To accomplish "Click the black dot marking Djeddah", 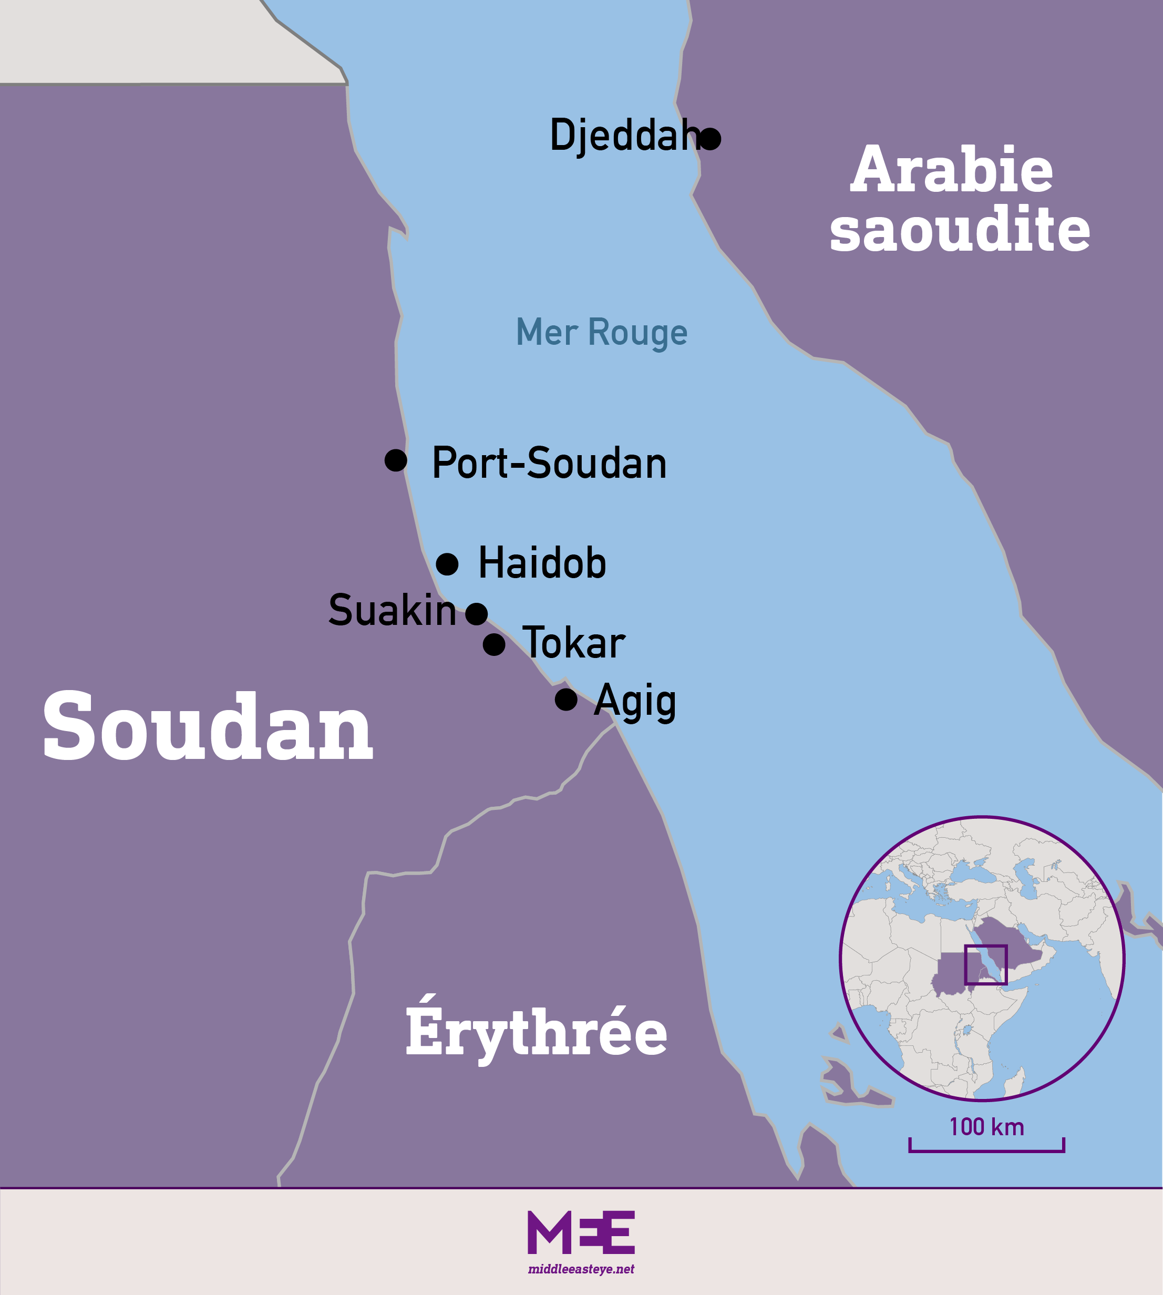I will [710, 139].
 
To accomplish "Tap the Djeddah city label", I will [623, 136].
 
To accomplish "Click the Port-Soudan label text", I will [549, 464].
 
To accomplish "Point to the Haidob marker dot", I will [447, 564].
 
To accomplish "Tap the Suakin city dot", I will [477, 614].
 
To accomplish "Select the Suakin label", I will [392, 610].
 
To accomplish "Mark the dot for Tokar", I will [494, 644].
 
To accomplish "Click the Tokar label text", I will [573, 643].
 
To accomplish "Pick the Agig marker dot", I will [566, 700].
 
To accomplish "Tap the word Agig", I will [634, 701].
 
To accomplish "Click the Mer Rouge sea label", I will [601, 332].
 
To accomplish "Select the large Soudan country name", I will [208, 727].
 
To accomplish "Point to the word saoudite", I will [960, 229].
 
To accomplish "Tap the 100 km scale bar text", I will [986, 1127].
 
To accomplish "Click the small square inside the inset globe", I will [985, 964].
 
